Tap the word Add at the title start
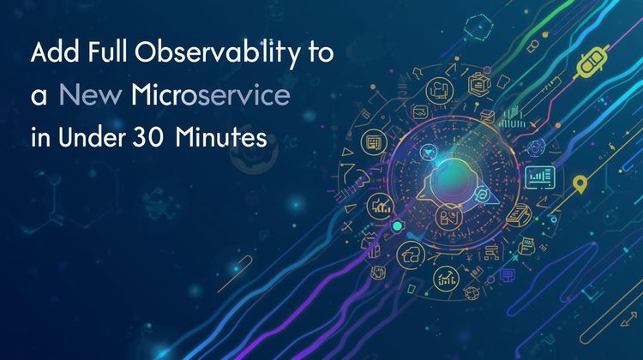click(x=51, y=54)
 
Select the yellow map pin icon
click(x=580, y=182)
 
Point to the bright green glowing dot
click(x=398, y=226)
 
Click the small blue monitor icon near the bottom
click(x=507, y=273)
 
